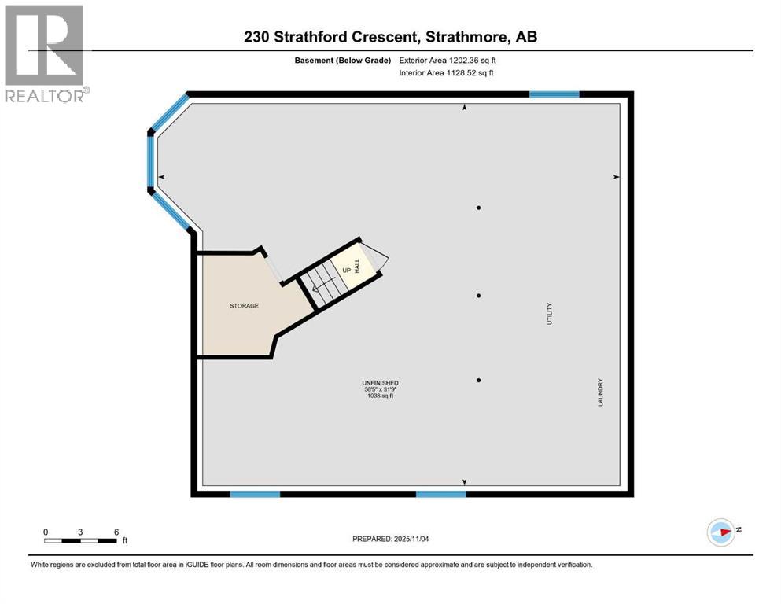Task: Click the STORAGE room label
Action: pyautogui.click(x=244, y=306)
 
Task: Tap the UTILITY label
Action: pyautogui.click(x=550, y=314)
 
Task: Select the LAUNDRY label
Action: pyautogui.click(x=600, y=392)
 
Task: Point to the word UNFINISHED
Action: pyautogui.click(x=381, y=383)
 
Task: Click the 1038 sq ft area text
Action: pyautogui.click(x=381, y=396)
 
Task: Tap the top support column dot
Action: pyautogui.click(x=478, y=208)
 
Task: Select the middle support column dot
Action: pyautogui.click(x=478, y=296)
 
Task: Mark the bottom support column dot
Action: pyautogui.click(x=478, y=380)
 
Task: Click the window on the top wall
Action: pyautogui.click(x=554, y=94)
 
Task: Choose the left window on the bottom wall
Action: pyautogui.click(x=255, y=494)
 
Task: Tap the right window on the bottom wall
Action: pyautogui.click(x=440, y=494)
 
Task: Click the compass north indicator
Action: pyautogui.click(x=721, y=532)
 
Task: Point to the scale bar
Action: pyautogui.click(x=81, y=540)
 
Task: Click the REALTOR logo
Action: pyautogui.click(x=45, y=53)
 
